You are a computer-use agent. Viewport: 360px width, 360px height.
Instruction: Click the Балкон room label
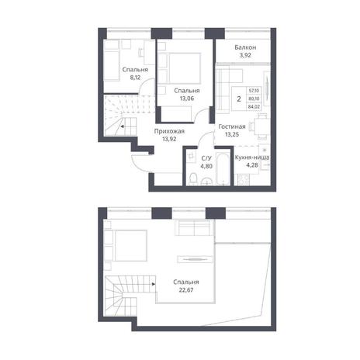pos(245,47)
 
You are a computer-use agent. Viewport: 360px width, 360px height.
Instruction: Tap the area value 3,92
pos(245,55)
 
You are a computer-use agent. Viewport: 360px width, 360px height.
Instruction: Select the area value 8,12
pos(135,78)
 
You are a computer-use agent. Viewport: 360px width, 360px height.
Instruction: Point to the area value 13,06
pos(187,99)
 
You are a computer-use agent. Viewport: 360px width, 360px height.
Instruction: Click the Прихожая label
pos(169,131)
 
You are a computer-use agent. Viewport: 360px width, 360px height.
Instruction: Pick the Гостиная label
pos(232,126)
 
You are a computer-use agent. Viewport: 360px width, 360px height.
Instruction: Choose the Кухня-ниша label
pos(252,157)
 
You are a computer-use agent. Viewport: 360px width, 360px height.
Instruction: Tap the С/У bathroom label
pos(206,158)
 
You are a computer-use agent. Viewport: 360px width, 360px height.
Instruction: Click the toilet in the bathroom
pos(193,178)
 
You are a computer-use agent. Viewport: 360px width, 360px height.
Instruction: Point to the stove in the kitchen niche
pos(243,180)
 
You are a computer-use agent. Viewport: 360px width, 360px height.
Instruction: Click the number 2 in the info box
pos(239,99)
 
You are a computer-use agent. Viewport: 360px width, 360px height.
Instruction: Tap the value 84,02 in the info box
pos(254,106)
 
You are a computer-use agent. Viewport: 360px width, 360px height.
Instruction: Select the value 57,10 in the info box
pos(254,91)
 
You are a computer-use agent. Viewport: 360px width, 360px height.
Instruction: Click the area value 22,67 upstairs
pos(186,290)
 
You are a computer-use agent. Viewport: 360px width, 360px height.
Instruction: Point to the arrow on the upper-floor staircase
pos(154,284)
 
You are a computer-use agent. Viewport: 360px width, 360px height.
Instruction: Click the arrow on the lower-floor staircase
pos(122,126)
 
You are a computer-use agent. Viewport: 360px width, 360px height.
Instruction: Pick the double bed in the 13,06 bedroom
pos(185,68)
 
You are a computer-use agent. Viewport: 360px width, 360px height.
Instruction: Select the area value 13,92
pos(169,139)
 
